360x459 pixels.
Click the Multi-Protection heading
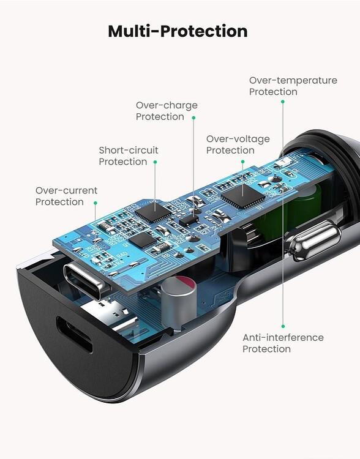pyautogui.click(x=178, y=31)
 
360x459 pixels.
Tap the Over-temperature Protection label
pyautogui.click(x=293, y=86)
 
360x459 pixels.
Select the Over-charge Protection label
pyautogui.click(x=167, y=111)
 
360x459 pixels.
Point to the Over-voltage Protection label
pyautogui.click(x=238, y=144)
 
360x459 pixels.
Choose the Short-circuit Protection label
pyautogui.click(x=129, y=155)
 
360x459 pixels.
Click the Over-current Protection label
pyautogui.click(x=66, y=196)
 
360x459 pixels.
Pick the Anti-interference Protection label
pyautogui.click(x=283, y=343)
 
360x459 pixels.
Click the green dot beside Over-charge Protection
pyautogui.click(x=193, y=118)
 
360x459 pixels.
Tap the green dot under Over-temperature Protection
pyautogui.click(x=283, y=102)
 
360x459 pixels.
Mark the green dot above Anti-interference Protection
pyautogui.click(x=283, y=326)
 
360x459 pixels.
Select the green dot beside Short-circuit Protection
pyautogui.click(x=155, y=162)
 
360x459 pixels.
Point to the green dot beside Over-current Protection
pyautogui.click(x=95, y=203)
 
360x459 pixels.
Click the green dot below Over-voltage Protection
pyautogui.click(x=242, y=162)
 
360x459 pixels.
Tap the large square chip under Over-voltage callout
pyautogui.click(x=243, y=196)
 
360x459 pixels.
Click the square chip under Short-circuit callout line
pyautogui.click(x=153, y=212)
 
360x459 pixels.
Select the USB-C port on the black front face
pyautogui.click(x=75, y=335)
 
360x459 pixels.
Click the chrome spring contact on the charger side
pyautogui.click(x=313, y=240)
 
